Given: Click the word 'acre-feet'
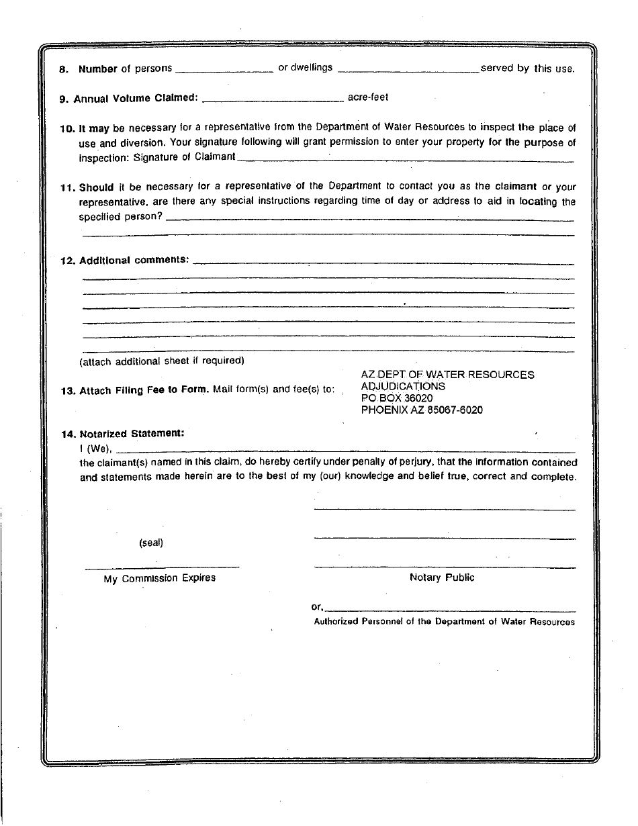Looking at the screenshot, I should (368, 97).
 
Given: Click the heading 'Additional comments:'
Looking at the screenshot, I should (134, 261).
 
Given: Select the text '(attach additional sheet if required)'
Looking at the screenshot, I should (162, 361).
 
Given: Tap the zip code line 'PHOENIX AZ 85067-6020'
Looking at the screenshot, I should (422, 410).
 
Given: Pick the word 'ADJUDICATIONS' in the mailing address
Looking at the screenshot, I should (403, 386).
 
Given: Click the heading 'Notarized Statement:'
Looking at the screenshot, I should (132, 434).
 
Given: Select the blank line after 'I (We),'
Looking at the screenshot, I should (346, 450).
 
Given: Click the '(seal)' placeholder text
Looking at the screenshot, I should (151, 543).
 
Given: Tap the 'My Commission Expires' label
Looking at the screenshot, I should (160, 578).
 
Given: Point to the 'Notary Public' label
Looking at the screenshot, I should (442, 578).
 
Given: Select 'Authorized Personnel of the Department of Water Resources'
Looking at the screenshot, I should (444, 622).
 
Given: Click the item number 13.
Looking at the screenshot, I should (67, 391).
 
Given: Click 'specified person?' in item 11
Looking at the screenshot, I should (121, 217).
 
